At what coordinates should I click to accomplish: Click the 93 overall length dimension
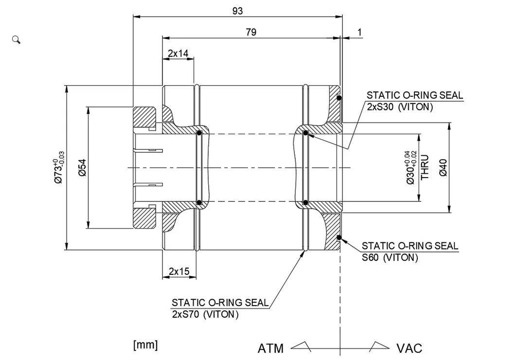click(237, 11)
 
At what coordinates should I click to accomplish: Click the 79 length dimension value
click(251, 32)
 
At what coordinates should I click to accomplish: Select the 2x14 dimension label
click(178, 53)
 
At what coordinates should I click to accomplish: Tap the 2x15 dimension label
click(179, 271)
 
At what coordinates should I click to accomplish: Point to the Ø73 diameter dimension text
click(59, 167)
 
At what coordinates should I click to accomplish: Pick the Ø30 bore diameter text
click(411, 167)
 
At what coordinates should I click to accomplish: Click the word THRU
click(425, 167)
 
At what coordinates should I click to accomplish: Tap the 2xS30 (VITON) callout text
click(399, 107)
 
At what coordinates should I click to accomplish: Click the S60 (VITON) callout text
click(390, 258)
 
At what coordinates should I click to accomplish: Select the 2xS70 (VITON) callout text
click(205, 314)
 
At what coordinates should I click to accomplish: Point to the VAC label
click(409, 348)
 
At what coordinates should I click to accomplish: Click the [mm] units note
click(145, 345)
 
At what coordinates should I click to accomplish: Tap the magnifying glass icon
click(16, 39)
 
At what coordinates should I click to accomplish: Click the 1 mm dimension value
click(359, 32)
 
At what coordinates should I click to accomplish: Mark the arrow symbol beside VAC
click(378, 346)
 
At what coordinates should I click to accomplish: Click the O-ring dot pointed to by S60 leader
click(339, 238)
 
